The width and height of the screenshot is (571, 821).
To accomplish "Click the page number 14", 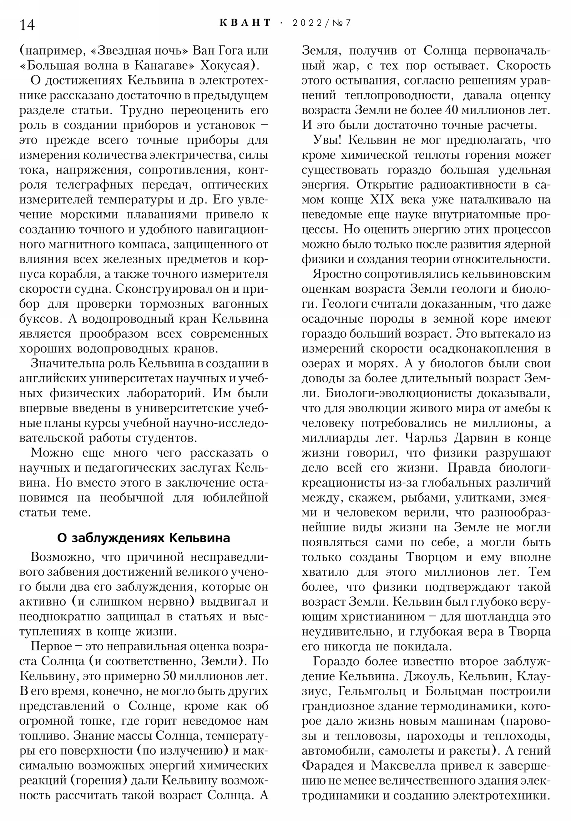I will click(27, 25).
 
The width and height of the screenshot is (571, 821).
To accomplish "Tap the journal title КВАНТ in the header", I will click(245, 23).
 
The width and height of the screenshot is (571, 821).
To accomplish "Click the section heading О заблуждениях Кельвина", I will click(143, 538).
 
